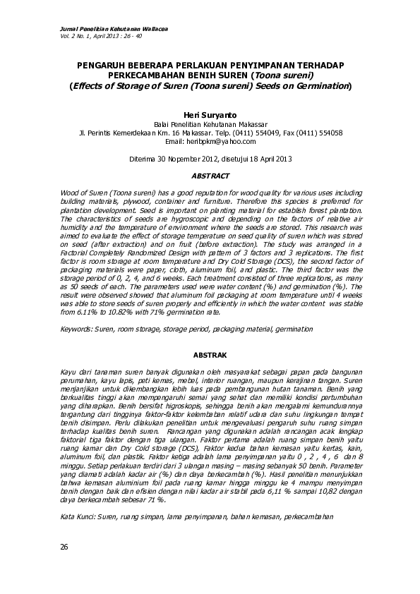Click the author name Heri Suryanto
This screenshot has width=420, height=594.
point(209,114)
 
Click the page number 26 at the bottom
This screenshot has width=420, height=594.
point(64,548)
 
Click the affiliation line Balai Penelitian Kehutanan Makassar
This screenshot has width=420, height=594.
point(209,123)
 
